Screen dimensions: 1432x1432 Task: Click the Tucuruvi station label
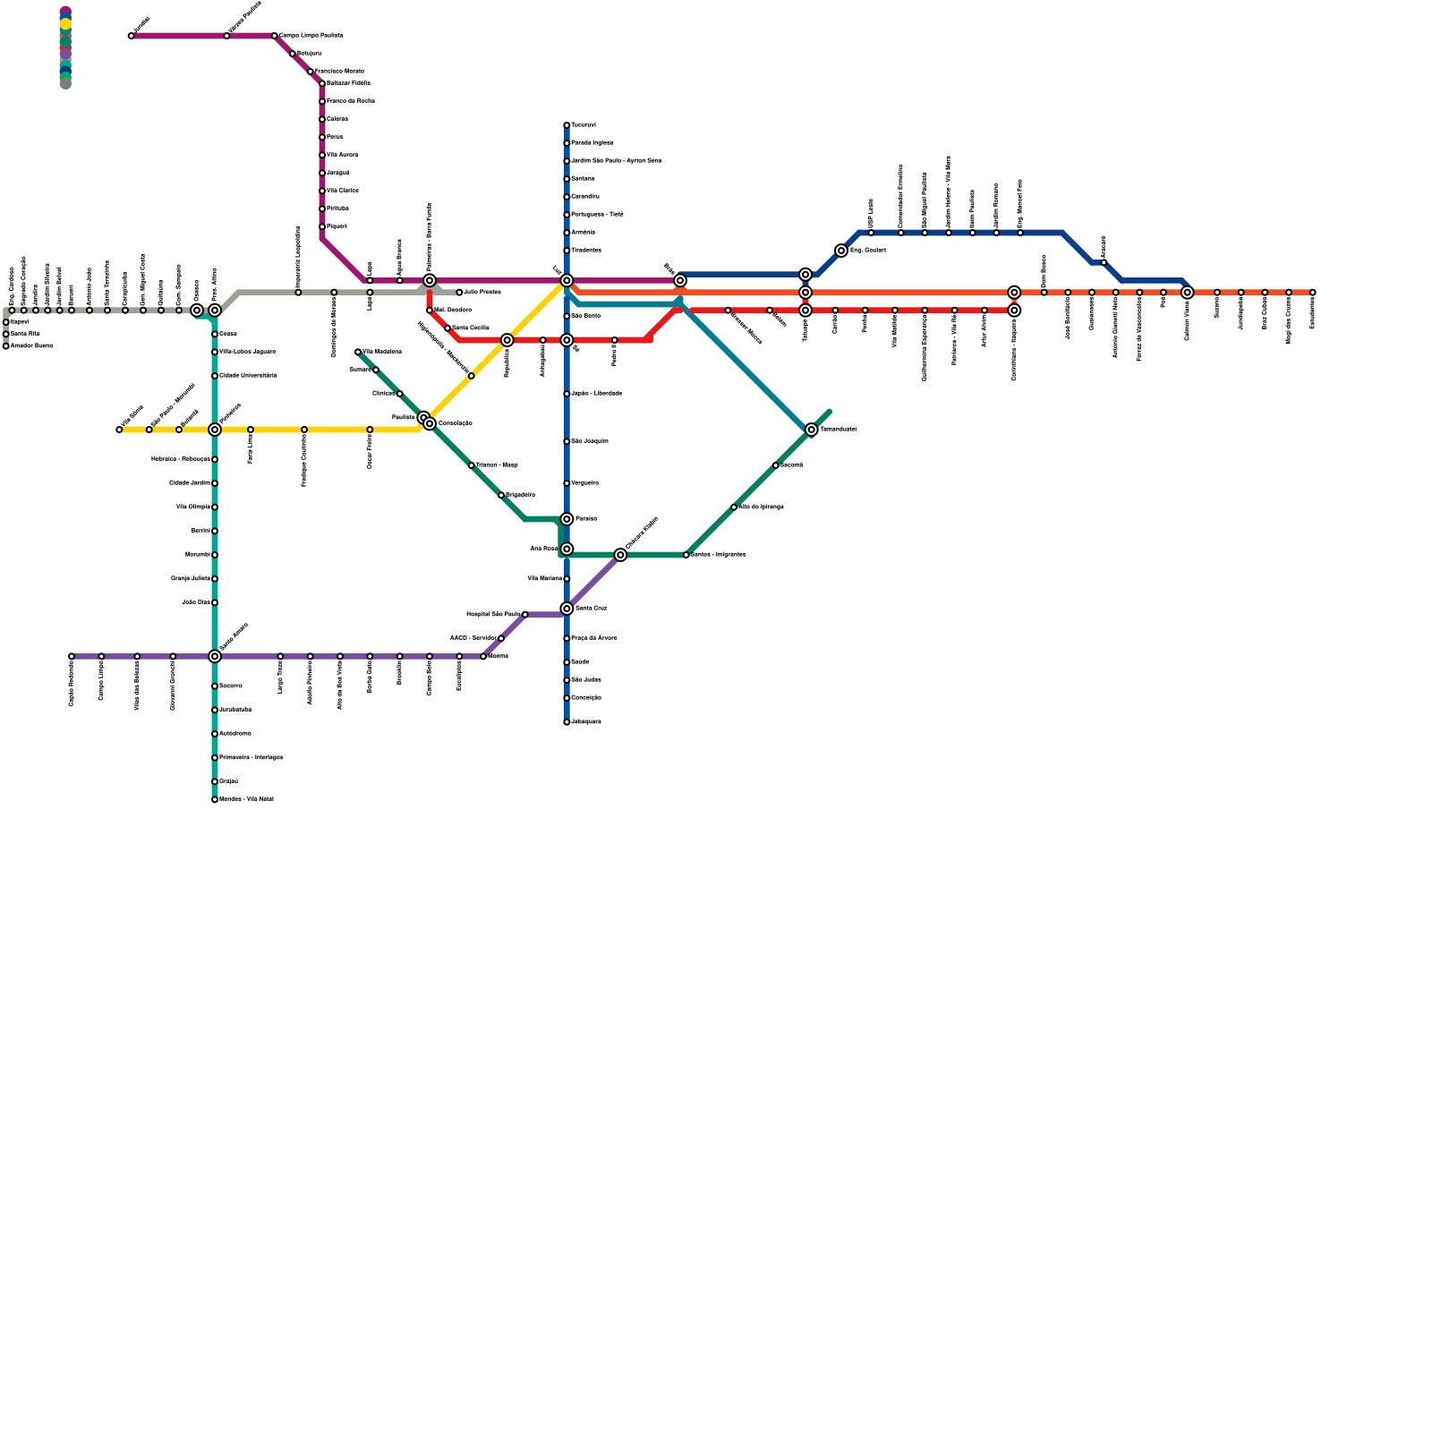pos(584,125)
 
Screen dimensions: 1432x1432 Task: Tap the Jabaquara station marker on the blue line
pos(567,722)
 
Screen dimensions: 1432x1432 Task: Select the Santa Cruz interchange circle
pos(567,609)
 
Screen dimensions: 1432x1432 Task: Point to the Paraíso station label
pos(586,519)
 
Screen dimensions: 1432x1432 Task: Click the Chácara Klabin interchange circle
pos(620,555)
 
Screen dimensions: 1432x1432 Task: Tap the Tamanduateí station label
pos(839,430)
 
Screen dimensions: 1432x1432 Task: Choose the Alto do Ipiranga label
pos(761,507)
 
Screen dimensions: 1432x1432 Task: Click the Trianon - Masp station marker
pos(471,465)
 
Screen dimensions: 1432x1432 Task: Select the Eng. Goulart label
pos(868,251)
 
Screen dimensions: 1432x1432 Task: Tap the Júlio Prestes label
pos(483,293)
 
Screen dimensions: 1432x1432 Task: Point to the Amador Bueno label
pos(32,346)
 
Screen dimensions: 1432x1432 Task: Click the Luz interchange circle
pos(567,280)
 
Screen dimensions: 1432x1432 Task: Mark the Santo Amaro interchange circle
pos(215,656)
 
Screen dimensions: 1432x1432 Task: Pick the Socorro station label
pos(231,686)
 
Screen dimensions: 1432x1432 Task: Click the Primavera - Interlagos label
pos(251,758)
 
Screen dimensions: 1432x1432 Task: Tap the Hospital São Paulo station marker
pos(524,615)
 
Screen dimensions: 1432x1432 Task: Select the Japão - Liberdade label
pos(597,394)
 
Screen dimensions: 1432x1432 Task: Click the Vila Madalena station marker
pos(358,352)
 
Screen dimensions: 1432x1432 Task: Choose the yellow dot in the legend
pos(65,24)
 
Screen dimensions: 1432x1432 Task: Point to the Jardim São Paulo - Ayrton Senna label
pos(617,161)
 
